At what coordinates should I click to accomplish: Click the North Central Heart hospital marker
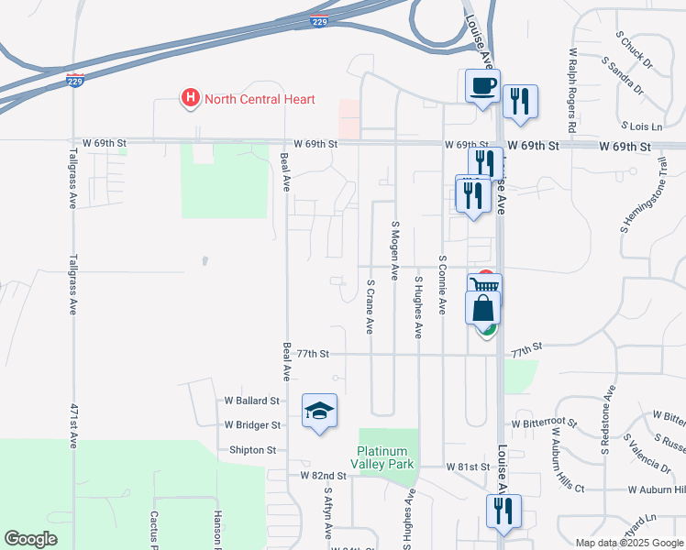click(191, 99)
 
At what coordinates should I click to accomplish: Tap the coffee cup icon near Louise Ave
click(482, 87)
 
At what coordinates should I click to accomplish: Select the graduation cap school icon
click(319, 412)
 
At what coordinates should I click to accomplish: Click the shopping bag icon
click(482, 308)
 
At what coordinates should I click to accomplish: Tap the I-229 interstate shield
click(76, 81)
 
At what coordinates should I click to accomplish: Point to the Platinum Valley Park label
click(386, 457)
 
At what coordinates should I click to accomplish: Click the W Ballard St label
click(252, 401)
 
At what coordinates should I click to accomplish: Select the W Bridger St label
click(252, 425)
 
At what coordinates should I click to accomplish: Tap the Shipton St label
click(252, 450)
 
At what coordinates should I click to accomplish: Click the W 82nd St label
click(324, 476)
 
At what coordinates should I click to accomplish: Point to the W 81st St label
click(469, 467)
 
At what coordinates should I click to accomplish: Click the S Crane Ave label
click(371, 307)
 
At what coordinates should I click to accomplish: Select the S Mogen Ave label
click(395, 249)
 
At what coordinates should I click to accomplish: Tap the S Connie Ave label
click(442, 285)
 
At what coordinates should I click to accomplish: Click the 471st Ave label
click(73, 425)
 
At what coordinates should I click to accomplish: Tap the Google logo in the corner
click(30, 539)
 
